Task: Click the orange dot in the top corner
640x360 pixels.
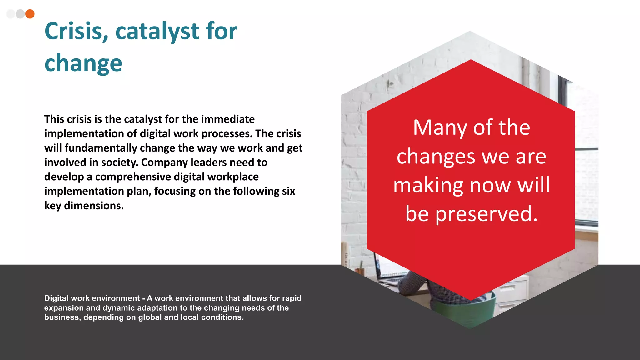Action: pos(30,14)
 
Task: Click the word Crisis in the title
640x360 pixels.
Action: pos(77,31)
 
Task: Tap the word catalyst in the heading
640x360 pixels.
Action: pos(157,31)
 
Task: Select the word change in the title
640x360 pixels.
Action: pos(83,63)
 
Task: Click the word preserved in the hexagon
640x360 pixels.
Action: pos(486,214)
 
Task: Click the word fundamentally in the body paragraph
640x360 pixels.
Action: pos(101,148)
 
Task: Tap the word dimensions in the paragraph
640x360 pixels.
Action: pos(93,206)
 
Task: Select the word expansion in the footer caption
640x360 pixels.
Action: pos(64,308)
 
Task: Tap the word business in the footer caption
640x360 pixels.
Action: pos(62,317)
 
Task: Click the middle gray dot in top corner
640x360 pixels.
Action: pos(20,14)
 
